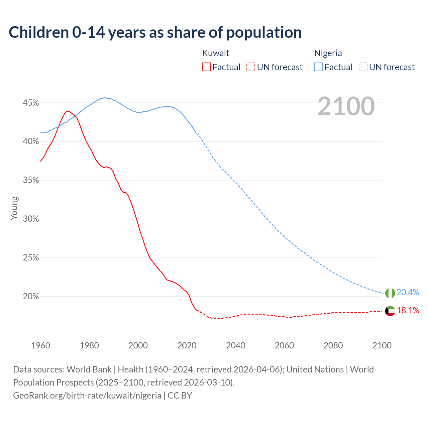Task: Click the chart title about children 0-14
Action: tap(155, 32)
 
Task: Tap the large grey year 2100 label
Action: tap(346, 106)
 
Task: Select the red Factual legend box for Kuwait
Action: tap(206, 67)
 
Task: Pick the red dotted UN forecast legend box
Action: tap(251, 67)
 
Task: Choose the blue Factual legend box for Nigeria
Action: tap(318, 67)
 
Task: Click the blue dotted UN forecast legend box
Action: tap(363, 67)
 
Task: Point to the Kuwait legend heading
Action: tap(216, 53)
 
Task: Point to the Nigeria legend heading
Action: tap(328, 53)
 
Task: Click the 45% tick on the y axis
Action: tap(31, 103)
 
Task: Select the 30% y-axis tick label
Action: tap(31, 219)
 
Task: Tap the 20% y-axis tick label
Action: tap(31, 297)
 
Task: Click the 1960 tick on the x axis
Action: tap(40, 345)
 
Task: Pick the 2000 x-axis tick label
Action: tap(138, 345)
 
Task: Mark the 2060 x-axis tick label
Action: tap(284, 345)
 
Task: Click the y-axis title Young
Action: tap(14, 208)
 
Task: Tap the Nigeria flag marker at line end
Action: tap(390, 293)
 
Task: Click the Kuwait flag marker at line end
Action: tap(390, 311)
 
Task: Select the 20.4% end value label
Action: tap(408, 293)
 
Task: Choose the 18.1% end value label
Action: tap(408, 311)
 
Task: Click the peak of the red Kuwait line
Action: tap(67, 111)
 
